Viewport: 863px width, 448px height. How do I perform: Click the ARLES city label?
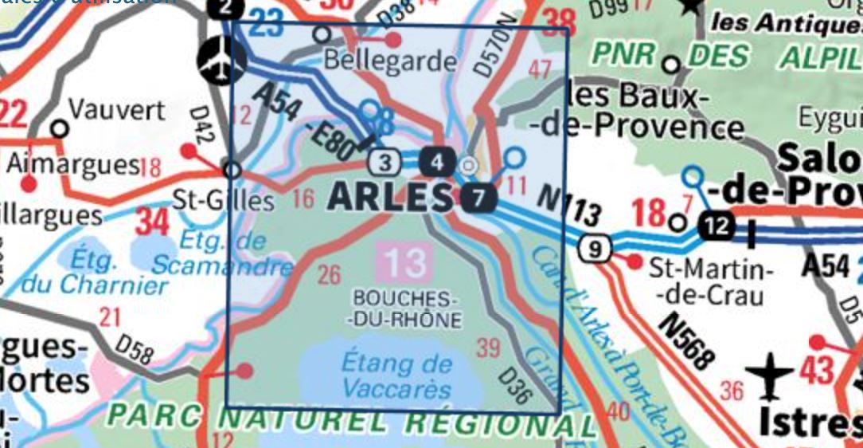coord(389,196)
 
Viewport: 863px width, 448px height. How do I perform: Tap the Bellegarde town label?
coord(391,61)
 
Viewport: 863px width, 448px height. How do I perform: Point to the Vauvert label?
coord(117,109)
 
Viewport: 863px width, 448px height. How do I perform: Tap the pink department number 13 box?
coord(407,261)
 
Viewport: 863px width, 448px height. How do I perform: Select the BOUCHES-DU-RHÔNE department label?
coord(406,309)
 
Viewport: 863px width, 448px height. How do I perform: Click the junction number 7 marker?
coord(476,198)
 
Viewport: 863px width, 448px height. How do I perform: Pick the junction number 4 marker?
coord(436,163)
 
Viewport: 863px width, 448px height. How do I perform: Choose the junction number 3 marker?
coord(385,163)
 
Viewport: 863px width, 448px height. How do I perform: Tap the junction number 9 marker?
coord(595,249)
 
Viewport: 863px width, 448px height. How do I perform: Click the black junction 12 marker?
coord(717,227)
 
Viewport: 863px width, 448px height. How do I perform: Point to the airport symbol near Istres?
coord(769,376)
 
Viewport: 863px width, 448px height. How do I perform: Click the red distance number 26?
coord(329,276)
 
